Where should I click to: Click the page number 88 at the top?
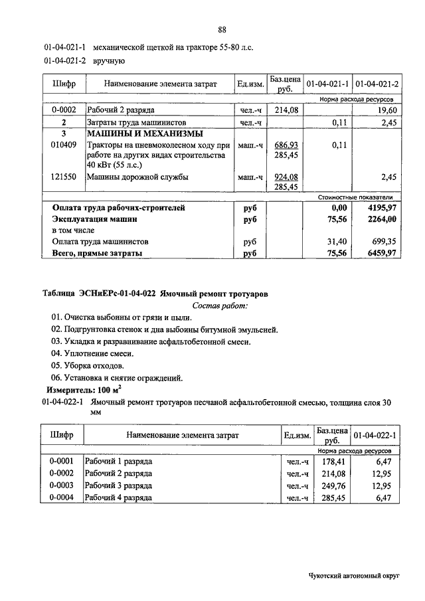pyautogui.click(x=222, y=30)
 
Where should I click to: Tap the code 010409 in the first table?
pyautogui.click(x=63, y=145)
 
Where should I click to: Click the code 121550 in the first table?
pyautogui.click(x=63, y=177)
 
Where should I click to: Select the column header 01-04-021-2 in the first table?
pyautogui.click(x=377, y=85)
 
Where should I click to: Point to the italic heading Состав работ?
pyautogui.click(x=219, y=305)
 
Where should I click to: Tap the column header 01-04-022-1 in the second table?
pyautogui.click(x=375, y=436)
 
